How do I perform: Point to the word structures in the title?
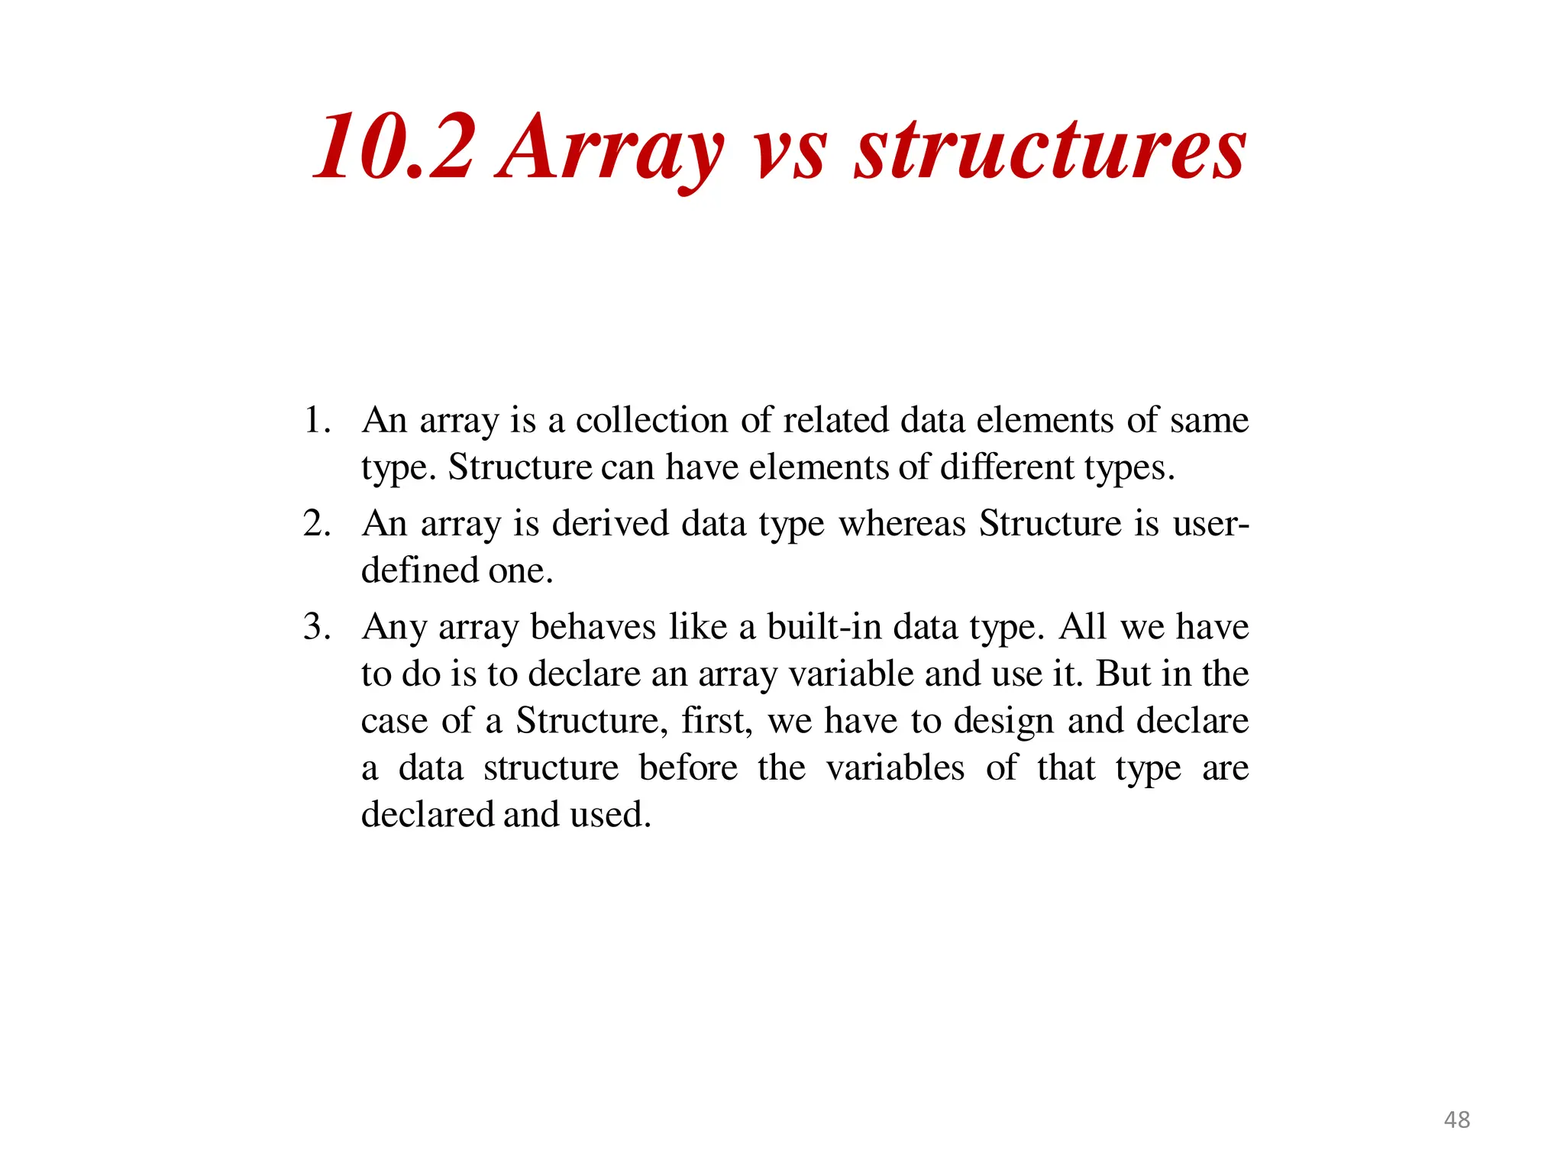click(x=1049, y=149)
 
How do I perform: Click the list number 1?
click(x=316, y=420)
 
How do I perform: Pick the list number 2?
click(x=316, y=524)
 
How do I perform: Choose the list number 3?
click(x=316, y=627)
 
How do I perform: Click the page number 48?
click(x=1456, y=1120)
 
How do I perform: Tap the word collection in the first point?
click(x=651, y=420)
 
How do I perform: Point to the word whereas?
click(x=902, y=524)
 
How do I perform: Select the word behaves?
click(x=592, y=627)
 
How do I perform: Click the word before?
click(x=688, y=768)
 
